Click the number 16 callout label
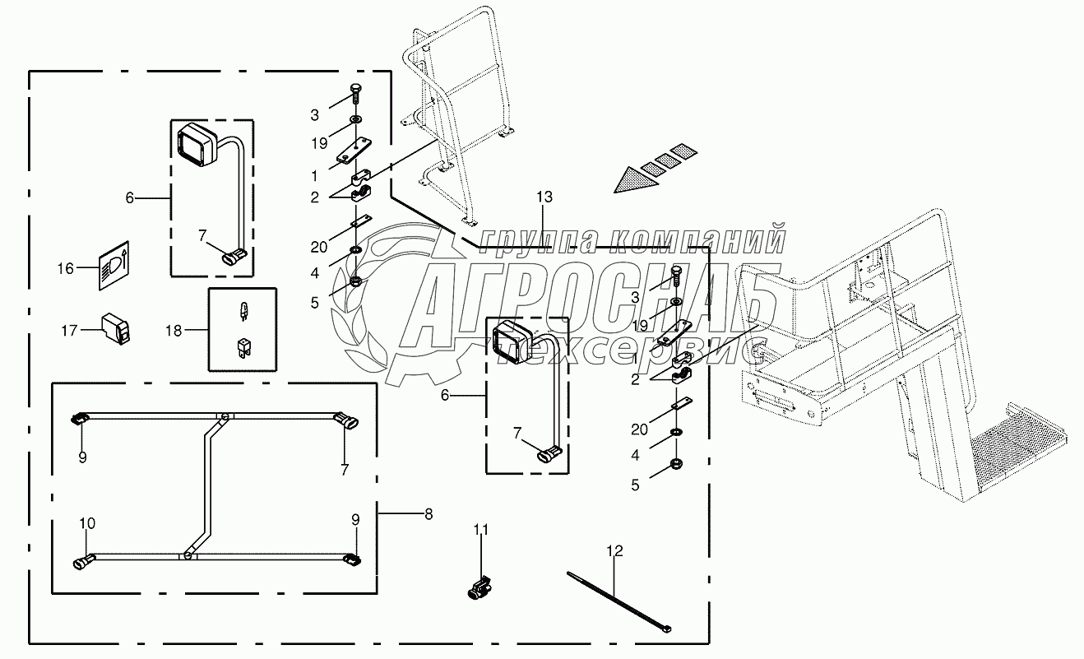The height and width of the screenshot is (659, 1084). pyautogui.click(x=65, y=268)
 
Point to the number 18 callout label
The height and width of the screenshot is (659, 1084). pyautogui.click(x=174, y=330)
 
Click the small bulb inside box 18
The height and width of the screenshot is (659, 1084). pyautogui.click(x=242, y=311)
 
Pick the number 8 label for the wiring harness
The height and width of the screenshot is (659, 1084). pyautogui.click(x=427, y=514)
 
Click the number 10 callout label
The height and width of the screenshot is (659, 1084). pyautogui.click(x=87, y=522)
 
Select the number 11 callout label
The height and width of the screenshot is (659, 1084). pyautogui.click(x=480, y=530)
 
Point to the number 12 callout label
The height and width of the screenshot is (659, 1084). pyautogui.click(x=617, y=550)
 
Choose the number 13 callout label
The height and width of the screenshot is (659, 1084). pyautogui.click(x=544, y=197)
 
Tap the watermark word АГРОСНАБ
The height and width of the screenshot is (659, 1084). pyautogui.click(x=592, y=296)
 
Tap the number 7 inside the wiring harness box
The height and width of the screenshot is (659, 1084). pyautogui.click(x=345, y=471)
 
